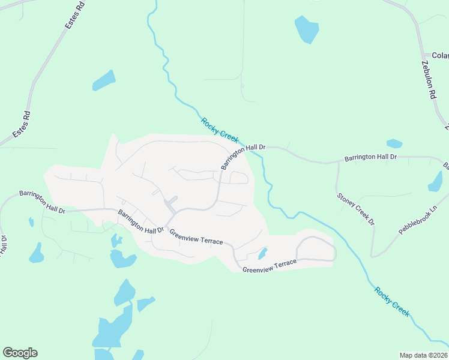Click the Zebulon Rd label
tap(427, 79)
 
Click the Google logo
tap(20, 353)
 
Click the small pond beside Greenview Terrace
tap(262, 254)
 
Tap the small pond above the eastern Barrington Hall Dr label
tap(394, 143)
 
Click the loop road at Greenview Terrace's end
tap(316, 248)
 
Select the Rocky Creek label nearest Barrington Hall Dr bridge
tap(220, 129)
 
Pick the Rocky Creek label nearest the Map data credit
tap(392, 302)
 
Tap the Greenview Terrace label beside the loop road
tap(270, 266)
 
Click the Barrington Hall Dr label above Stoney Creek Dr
tap(370, 157)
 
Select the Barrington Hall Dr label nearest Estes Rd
tap(41, 201)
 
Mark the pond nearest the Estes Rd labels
tap(103, 80)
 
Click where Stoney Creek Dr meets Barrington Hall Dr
tap(337, 163)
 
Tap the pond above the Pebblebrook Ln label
tap(435, 181)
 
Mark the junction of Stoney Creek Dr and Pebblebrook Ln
tap(373, 256)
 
